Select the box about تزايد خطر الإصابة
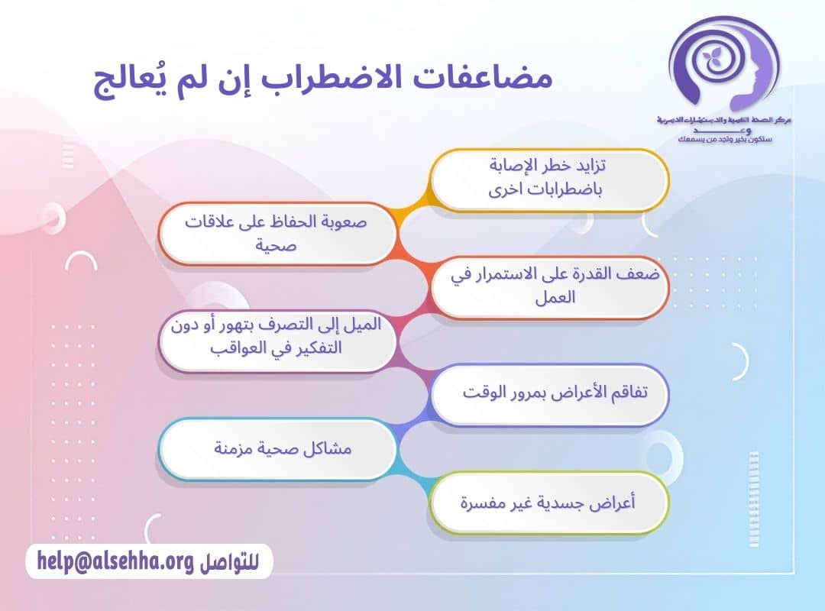(550, 179)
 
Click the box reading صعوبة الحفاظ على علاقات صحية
(277, 234)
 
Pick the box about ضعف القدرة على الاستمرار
(550, 286)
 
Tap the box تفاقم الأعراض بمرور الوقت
(550, 393)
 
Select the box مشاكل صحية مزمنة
(277, 448)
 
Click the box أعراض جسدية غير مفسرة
(550, 503)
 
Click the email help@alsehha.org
(115, 563)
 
